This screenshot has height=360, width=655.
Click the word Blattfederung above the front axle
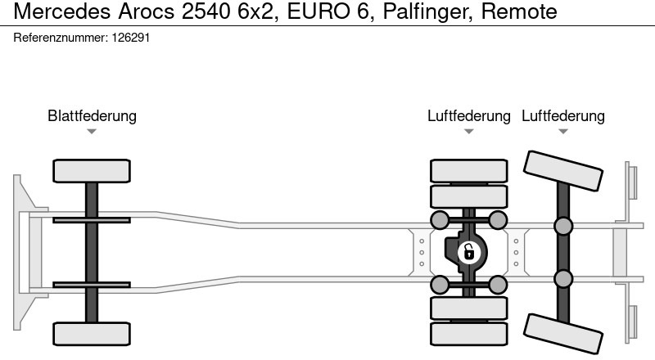92,115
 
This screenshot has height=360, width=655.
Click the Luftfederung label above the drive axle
468,115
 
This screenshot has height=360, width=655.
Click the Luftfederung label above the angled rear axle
563,115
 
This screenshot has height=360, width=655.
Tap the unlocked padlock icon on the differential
469,252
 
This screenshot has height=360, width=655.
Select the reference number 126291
131,38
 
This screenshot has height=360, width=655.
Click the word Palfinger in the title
427,11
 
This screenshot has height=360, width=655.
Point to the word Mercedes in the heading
62,11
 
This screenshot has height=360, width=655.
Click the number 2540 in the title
206,11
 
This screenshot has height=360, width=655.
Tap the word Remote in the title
519,11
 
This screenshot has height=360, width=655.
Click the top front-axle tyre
92,171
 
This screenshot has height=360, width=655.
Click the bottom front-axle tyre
92,334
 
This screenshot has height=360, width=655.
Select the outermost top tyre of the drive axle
468,171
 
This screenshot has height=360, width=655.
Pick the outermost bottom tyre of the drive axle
468,334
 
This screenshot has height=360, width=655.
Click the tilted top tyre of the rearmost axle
563,171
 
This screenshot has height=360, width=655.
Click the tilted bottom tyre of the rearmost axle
563,334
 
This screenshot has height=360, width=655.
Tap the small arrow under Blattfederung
92,132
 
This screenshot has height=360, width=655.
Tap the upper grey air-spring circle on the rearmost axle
563,226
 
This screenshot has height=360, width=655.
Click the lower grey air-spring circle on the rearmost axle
563,279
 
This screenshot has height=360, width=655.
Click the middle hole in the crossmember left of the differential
422,252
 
